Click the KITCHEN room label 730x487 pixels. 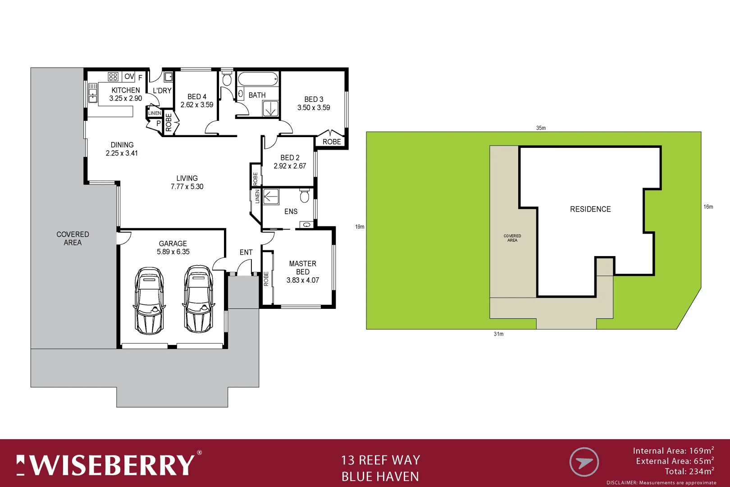click(x=126, y=90)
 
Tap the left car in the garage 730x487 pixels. click(x=149, y=301)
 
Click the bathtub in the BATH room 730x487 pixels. click(x=257, y=79)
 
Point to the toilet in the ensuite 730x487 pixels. click(x=304, y=196)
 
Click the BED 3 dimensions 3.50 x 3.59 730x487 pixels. click(x=314, y=108)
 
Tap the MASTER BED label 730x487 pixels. click(x=302, y=268)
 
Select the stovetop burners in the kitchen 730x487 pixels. click(x=113, y=77)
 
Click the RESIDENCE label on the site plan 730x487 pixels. click(x=590, y=209)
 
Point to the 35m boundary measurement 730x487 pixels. click(x=541, y=128)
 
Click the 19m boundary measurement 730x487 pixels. click(x=360, y=227)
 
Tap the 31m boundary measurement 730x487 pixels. click(x=498, y=334)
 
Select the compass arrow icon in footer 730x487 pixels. click(x=584, y=462)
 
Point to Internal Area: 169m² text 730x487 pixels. click(x=673, y=450)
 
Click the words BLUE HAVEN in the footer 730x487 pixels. click(x=380, y=477)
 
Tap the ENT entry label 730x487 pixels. click(x=246, y=253)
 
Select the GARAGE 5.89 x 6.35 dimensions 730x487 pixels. click(x=173, y=252)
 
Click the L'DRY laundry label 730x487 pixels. click(x=162, y=91)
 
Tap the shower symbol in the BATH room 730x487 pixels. click(x=271, y=109)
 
